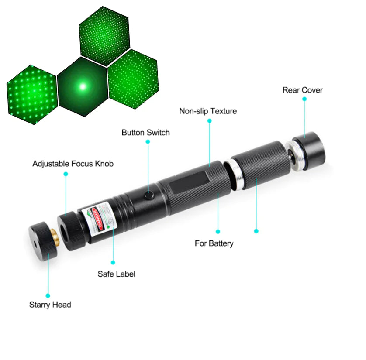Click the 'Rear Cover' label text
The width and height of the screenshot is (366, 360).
302,90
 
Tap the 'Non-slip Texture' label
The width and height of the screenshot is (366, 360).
208,111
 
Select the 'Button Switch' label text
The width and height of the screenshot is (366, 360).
145,132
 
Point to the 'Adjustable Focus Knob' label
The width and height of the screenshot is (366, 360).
73,164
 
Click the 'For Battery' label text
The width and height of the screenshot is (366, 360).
214,243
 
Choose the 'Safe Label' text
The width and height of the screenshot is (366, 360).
116,274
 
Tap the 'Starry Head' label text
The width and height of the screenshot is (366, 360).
50,304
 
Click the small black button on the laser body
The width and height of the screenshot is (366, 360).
150,195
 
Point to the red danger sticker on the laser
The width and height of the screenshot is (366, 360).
99,217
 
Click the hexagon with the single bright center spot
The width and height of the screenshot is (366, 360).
82,86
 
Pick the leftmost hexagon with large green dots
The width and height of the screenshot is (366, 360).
31,95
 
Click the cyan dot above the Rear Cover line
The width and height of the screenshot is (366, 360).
304,99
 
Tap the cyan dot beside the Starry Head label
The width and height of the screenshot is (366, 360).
48,295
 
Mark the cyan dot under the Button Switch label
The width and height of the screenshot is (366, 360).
148,141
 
